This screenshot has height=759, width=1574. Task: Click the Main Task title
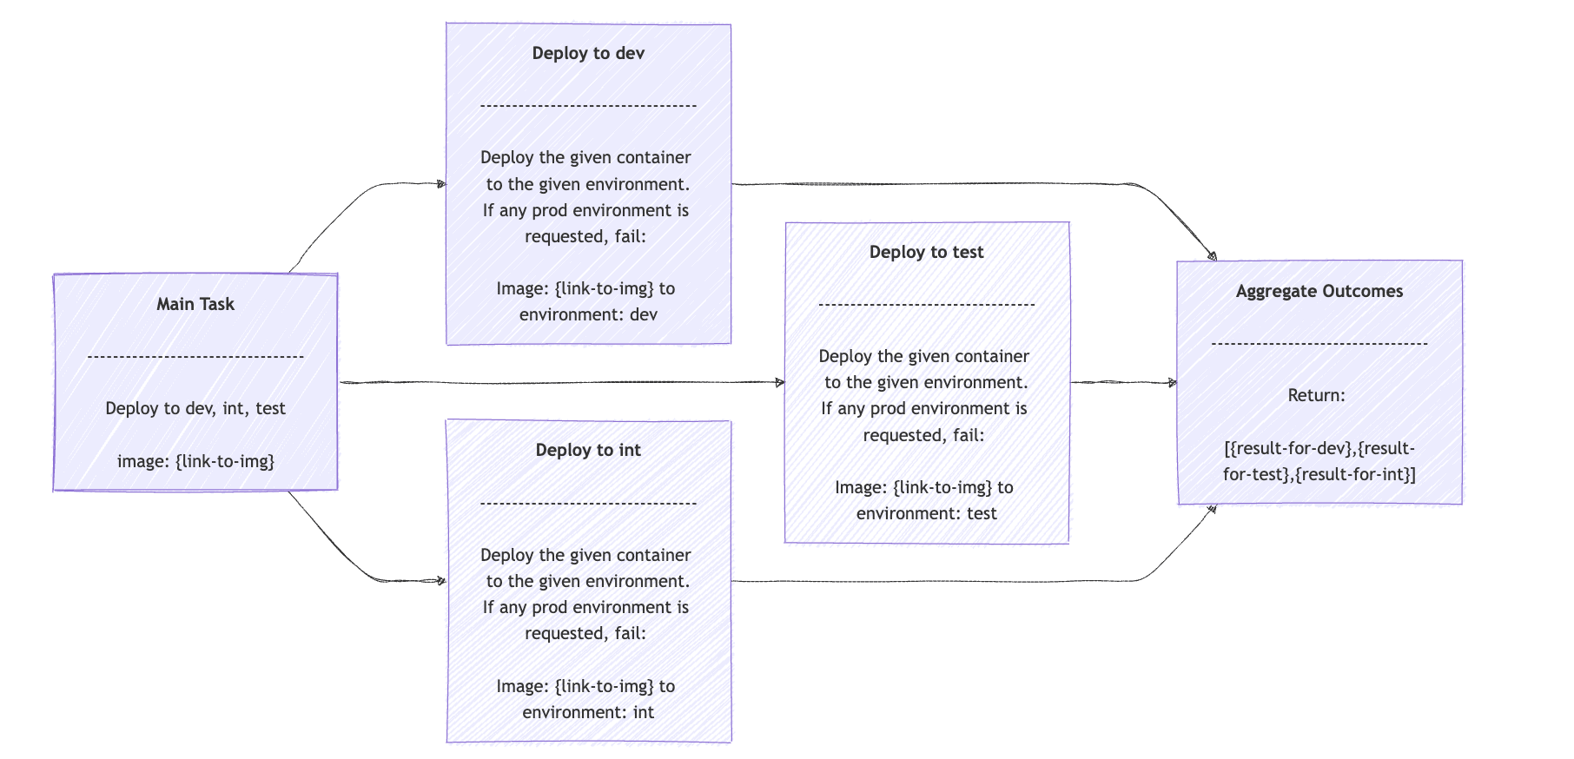click(195, 304)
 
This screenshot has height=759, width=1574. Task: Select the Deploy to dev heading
click(588, 53)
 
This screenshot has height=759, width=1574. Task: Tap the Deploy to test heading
click(926, 252)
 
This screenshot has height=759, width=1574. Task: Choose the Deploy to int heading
click(588, 450)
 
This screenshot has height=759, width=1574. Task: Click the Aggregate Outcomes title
click(1319, 291)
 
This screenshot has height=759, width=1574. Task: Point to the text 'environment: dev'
click(588, 314)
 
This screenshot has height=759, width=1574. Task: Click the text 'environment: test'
click(926, 513)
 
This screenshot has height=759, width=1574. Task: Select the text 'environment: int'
click(588, 712)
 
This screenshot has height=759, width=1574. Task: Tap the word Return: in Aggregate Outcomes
click(1316, 395)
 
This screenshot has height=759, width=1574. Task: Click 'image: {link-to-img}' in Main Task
click(195, 461)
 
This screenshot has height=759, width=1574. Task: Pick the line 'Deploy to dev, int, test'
click(195, 408)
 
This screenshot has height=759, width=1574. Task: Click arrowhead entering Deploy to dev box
click(440, 184)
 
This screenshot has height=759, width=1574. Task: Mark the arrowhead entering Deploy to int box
click(440, 581)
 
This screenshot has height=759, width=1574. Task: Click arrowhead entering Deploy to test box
click(779, 382)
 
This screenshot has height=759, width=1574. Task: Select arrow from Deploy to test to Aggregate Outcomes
click(1123, 382)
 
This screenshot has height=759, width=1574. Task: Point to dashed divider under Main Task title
click(195, 356)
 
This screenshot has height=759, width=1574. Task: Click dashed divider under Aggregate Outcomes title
click(1319, 344)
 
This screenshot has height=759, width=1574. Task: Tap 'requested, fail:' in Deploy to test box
click(923, 435)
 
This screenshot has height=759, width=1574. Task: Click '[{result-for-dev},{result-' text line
click(1319, 448)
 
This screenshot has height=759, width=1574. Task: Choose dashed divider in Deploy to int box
click(588, 503)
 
